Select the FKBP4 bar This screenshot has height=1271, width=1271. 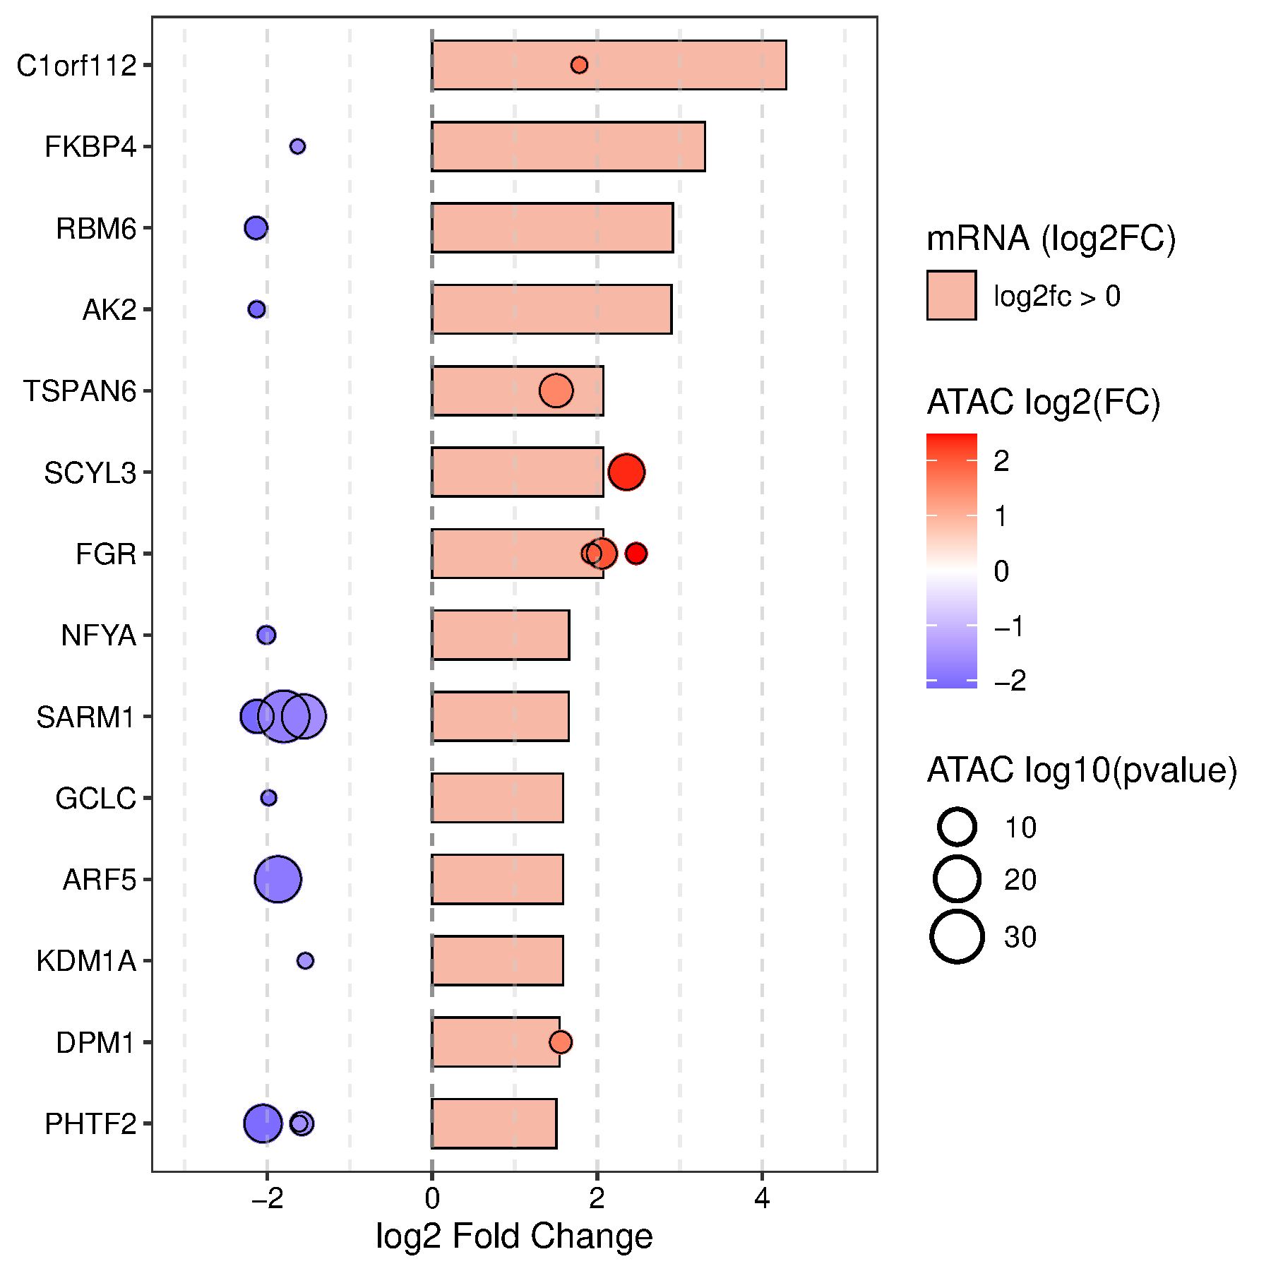pos(568,146)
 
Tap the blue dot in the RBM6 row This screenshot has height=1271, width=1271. pos(256,228)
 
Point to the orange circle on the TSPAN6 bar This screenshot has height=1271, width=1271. pos(556,390)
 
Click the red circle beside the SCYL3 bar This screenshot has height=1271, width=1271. pos(626,472)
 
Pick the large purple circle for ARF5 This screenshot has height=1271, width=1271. pos(278,879)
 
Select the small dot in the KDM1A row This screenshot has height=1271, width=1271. pos(305,960)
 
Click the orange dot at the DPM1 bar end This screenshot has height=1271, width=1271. pos(561,1042)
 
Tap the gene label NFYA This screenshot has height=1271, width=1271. pos(98,635)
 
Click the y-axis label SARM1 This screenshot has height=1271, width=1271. pos(85,717)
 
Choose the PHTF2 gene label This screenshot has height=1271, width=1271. pos(90,1123)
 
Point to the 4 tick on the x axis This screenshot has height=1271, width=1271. pos(762,1198)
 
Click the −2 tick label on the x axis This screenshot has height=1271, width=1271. pos(267,1198)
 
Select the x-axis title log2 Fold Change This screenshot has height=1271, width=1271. pos(514,1236)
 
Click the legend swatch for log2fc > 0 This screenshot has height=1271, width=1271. pos(951,296)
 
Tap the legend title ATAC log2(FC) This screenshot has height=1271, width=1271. pos(1043,402)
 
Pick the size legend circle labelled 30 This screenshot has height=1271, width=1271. pos(957,937)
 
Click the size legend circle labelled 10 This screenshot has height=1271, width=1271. pos(957,827)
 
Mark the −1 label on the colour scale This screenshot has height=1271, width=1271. pos(1008,626)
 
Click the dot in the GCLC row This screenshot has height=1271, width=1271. pos(268,798)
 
